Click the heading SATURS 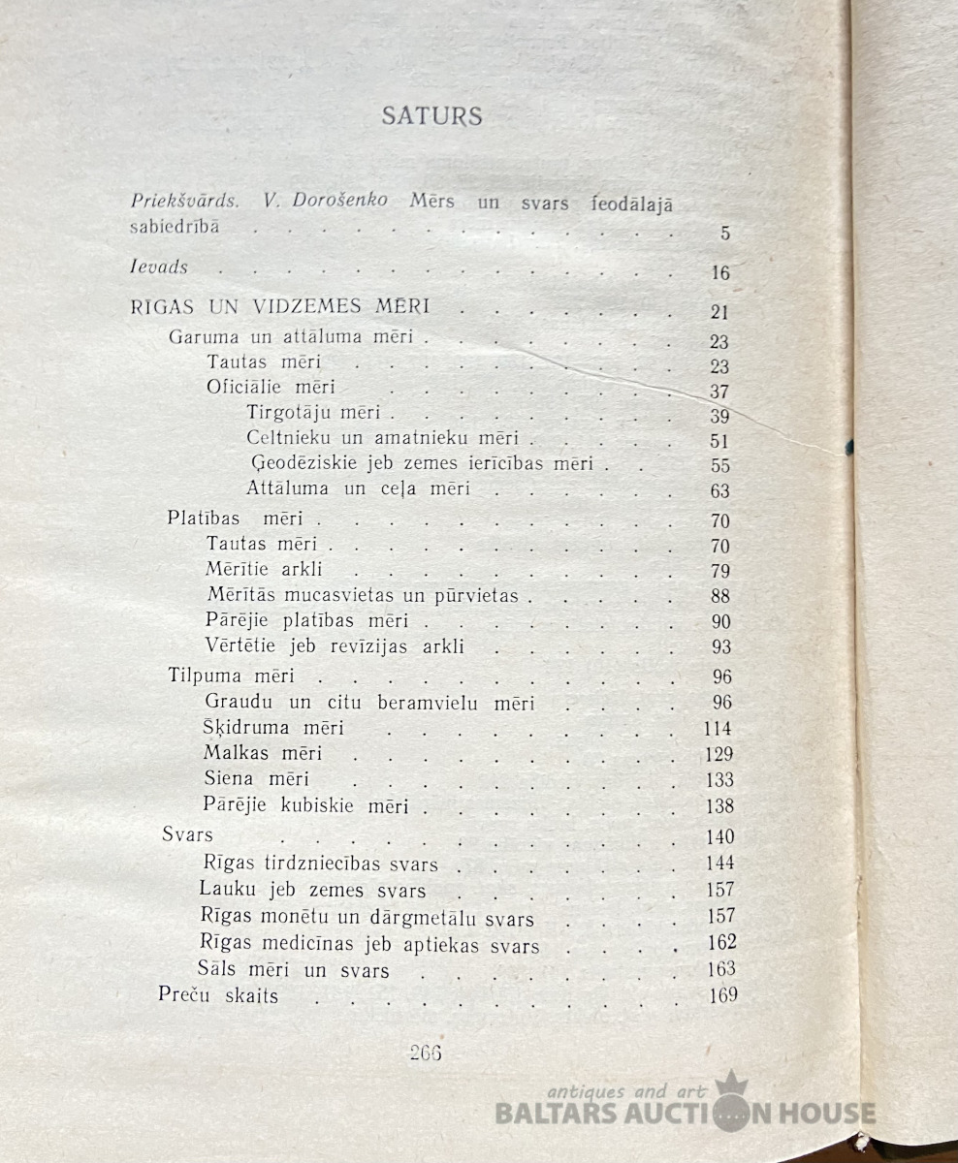[x=431, y=116]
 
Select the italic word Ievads [x=159, y=266]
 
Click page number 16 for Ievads [x=719, y=273]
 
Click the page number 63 [x=719, y=491]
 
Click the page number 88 [x=719, y=596]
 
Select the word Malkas [x=235, y=752]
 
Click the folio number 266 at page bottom [x=426, y=1053]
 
